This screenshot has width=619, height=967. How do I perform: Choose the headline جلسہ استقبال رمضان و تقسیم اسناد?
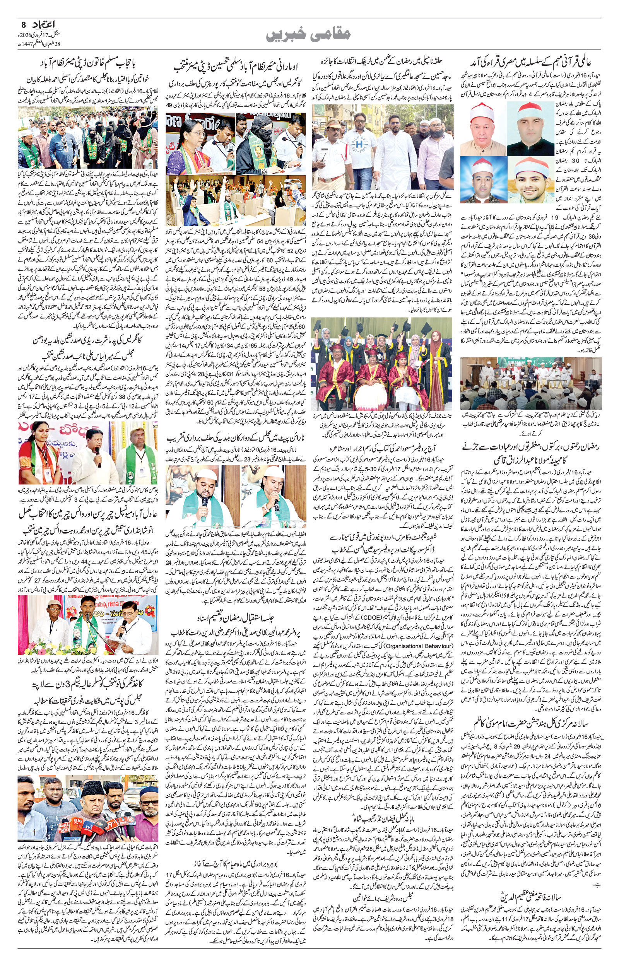pyautogui.click(x=235, y=617)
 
